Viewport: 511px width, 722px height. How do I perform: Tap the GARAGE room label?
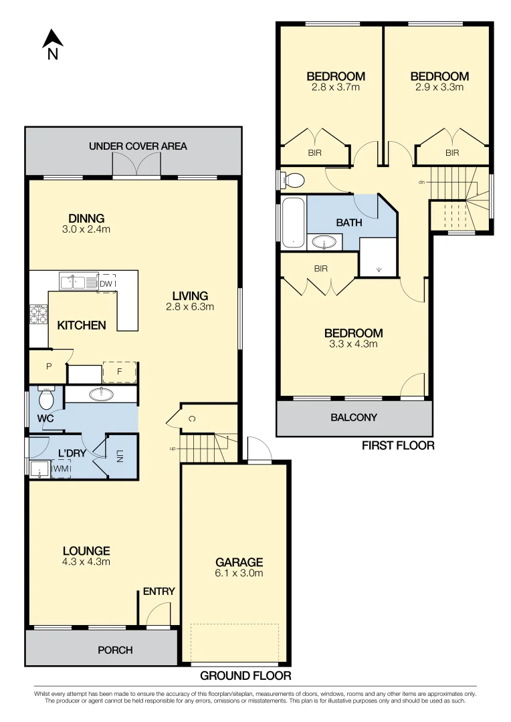(x=239, y=562)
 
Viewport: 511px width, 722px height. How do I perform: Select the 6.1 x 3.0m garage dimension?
(x=239, y=573)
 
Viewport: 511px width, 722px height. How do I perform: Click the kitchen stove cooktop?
(x=39, y=314)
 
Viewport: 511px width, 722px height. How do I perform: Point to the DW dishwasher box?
(x=106, y=283)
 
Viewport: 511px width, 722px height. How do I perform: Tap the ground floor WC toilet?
(x=46, y=398)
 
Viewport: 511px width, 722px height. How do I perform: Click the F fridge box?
(x=119, y=372)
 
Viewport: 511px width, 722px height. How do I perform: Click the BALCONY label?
(x=354, y=418)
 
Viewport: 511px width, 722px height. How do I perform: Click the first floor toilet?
(x=292, y=180)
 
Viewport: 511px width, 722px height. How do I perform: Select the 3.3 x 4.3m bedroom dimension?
(x=353, y=344)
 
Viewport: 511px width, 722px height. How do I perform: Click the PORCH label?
(x=115, y=650)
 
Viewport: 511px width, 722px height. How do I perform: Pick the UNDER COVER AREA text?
(x=138, y=146)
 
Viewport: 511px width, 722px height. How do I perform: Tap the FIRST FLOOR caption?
(x=398, y=446)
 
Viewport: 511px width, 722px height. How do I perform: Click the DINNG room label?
(x=86, y=218)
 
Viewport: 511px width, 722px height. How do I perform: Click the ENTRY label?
(x=159, y=592)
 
